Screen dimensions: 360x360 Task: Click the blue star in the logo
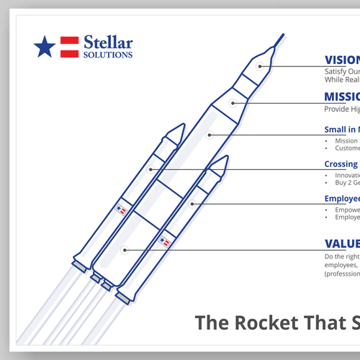coord(45,47)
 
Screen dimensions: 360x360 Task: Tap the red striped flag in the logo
coord(69,47)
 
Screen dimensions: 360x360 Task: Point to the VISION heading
coord(341,60)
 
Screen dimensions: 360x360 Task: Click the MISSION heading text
coord(341,97)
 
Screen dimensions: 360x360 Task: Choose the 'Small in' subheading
coord(341,130)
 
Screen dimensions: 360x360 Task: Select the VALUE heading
coord(341,243)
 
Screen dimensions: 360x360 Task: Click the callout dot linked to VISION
coord(261,66)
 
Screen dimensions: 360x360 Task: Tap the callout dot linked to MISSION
coord(233,103)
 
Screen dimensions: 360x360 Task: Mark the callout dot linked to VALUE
coord(125,250)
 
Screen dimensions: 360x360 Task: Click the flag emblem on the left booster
coord(121,210)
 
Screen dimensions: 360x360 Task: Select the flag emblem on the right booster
coord(165,241)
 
